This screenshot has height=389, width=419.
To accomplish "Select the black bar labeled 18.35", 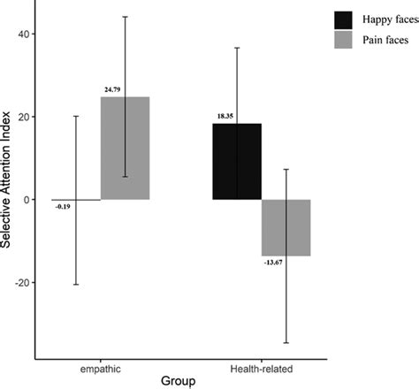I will tap(236, 161).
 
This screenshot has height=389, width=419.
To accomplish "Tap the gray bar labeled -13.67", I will tap(286, 227).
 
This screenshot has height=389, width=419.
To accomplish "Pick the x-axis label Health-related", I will tap(261, 365).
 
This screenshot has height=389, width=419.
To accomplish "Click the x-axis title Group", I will tap(180, 381).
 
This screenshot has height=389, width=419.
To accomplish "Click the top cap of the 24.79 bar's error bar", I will tap(125, 16).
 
